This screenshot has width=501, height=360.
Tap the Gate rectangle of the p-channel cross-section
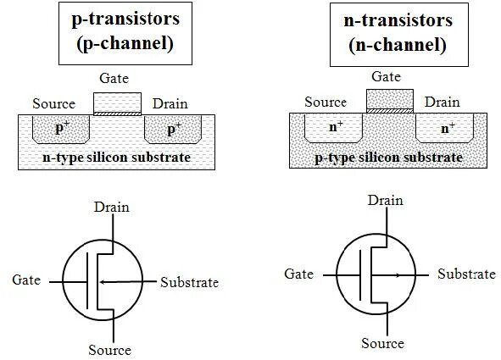pos(117,102)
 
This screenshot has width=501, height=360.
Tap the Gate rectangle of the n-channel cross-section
pos(389,98)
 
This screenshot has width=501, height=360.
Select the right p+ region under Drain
pos(173,129)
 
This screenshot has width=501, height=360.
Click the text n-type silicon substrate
pos(117,158)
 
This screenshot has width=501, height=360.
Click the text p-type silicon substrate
pos(390,158)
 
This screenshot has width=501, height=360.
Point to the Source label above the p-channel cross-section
pos(53,104)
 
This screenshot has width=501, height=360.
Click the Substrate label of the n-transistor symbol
pos(465,274)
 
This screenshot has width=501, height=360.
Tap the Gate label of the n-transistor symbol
pos(299,274)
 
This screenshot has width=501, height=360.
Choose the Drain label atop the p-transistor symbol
pos(112,207)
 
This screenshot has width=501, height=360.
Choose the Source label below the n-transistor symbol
pos(381,343)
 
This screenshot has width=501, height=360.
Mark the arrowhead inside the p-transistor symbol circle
pos(103,280)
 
